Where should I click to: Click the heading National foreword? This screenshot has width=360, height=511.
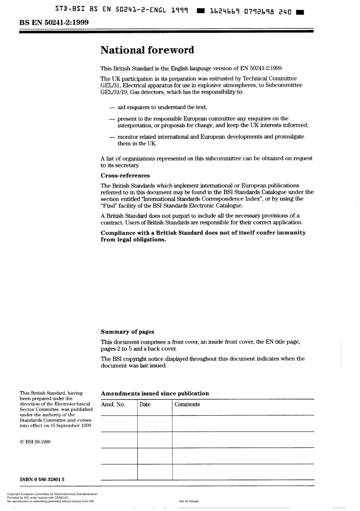click(147, 50)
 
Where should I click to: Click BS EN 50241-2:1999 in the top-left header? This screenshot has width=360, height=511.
click(54, 22)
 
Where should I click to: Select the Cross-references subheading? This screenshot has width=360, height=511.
click(125, 175)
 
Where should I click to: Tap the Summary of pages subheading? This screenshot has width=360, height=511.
click(127, 332)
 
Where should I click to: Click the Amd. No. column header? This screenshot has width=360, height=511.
click(113, 405)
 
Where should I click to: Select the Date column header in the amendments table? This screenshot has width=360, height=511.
click(145, 405)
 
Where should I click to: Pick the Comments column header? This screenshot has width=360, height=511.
click(187, 405)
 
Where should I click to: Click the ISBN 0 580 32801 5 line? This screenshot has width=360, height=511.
click(42, 479)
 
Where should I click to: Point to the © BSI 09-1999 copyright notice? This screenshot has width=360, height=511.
click(35, 442)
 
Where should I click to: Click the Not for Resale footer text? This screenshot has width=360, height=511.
click(189, 501)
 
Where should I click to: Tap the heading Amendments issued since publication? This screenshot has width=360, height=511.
click(155, 394)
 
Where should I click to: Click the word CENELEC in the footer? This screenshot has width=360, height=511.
click(61, 498)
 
